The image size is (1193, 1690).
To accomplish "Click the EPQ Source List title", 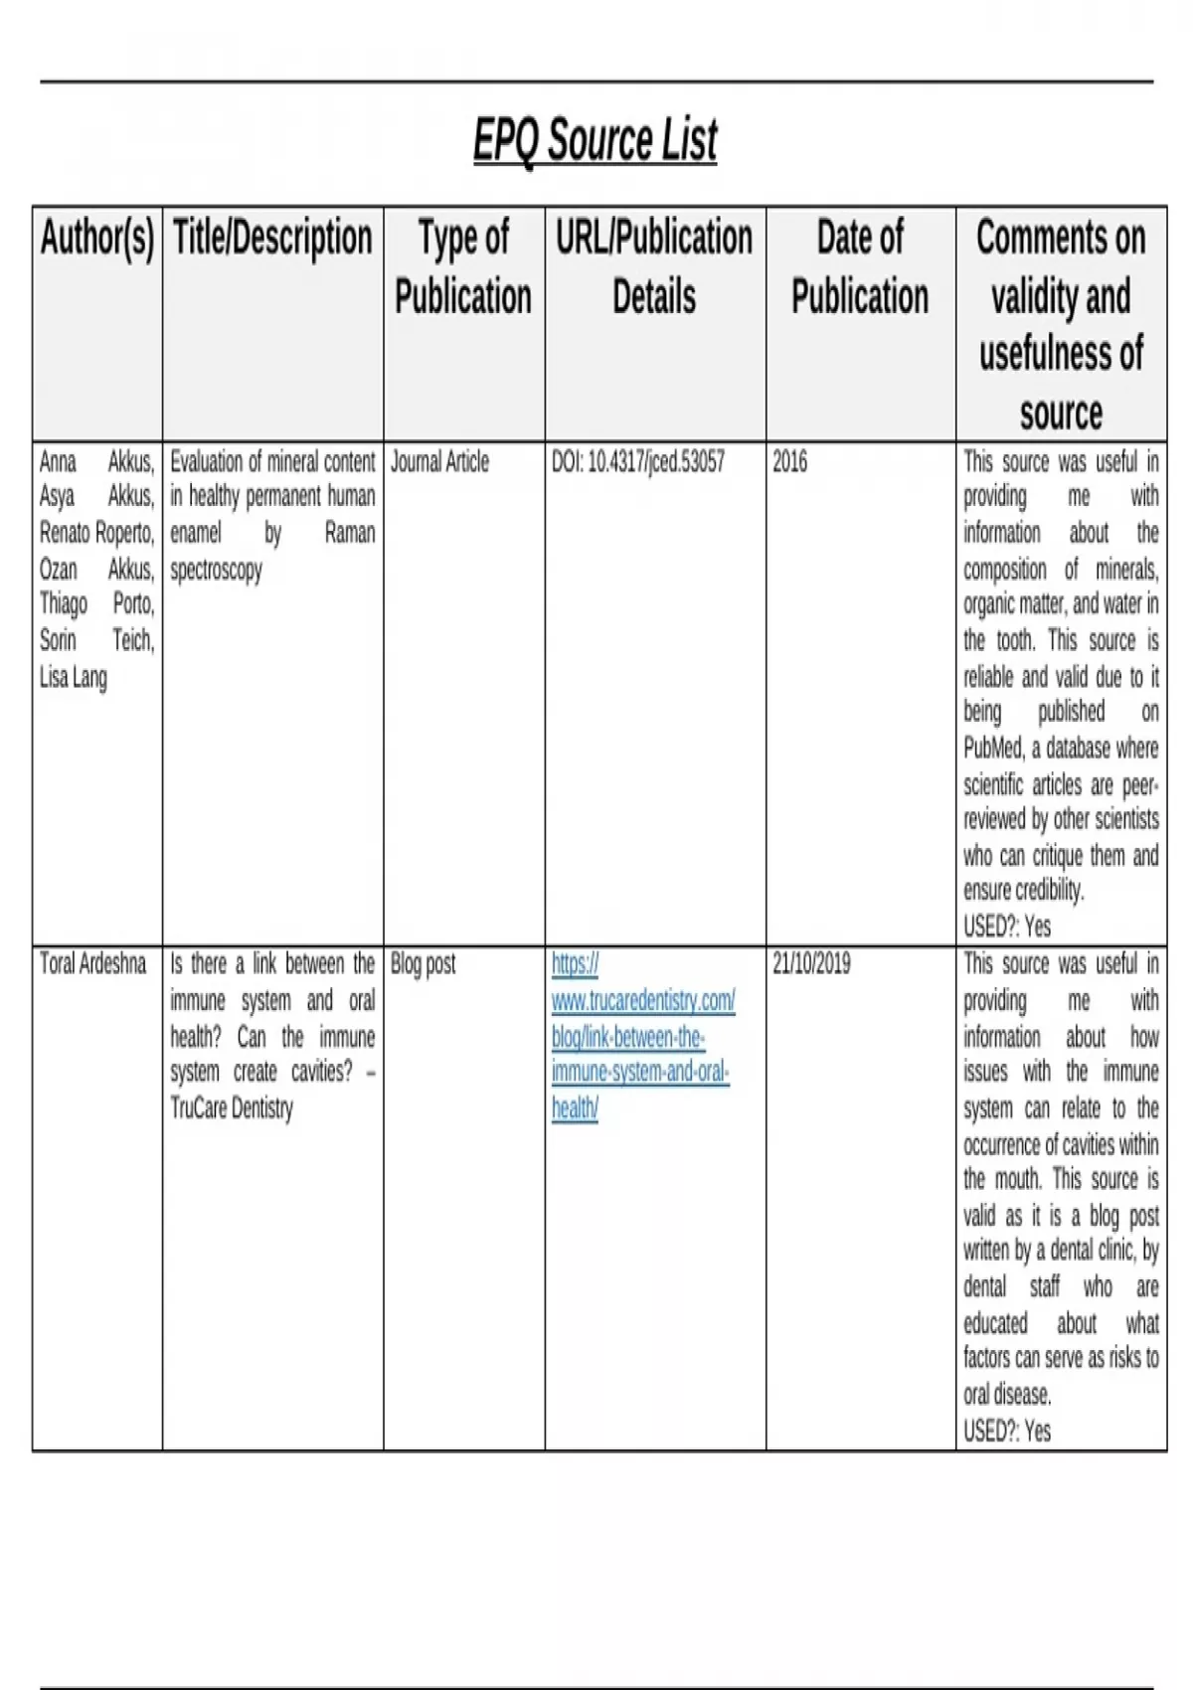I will click(595, 139).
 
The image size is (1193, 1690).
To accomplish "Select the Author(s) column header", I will click(97, 238).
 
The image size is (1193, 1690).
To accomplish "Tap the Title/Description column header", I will click(272, 238).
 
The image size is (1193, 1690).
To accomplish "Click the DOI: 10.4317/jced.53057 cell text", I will click(638, 462).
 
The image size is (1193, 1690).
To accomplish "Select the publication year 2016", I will click(790, 462).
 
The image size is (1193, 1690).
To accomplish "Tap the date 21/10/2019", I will click(811, 963).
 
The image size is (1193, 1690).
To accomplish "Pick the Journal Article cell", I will click(439, 462).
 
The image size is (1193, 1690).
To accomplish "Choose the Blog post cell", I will click(423, 963).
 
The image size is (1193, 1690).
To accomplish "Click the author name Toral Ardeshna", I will click(92, 963).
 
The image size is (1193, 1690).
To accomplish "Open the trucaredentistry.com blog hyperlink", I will click(642, 1036).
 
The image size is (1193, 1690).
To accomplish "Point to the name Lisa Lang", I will click(73, 678).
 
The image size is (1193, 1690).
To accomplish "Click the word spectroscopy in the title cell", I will click(216, 571).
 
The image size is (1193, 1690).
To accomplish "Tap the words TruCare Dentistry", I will click(232, 1108).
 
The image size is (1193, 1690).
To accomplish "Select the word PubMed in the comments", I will click(992, 749).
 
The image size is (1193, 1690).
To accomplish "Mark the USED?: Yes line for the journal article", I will click(1006, 927).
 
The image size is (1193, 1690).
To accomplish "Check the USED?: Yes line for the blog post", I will click(1006, 1432).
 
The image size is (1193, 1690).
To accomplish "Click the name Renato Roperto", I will click(96, 534).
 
